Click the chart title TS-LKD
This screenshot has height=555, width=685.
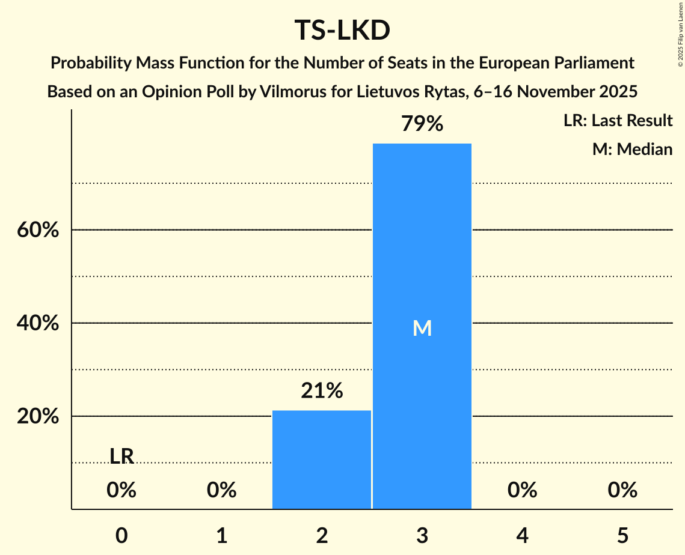pos(342,30)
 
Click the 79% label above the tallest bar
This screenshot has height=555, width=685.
pos(422,124)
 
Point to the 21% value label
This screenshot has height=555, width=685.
pos(322,391)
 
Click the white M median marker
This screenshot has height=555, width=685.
pos(422,328)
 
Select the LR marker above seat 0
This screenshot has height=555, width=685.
pos(121,456)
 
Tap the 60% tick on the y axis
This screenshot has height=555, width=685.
pos(38,230)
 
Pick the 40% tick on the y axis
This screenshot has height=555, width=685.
pos(38,323)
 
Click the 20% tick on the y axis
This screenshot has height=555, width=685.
pos(38,416)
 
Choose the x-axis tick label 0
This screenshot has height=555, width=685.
pos(121,535)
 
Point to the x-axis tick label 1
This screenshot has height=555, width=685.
pos(221,535)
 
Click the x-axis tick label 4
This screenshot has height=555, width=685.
pos(522,535)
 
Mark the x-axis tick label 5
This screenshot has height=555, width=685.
pos(622,535)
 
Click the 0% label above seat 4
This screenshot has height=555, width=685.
pos(522,491)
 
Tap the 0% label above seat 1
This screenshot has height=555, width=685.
pos(221,491)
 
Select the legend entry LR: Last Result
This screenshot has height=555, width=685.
pos(618,121)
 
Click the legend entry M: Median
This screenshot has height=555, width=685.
pos(632,149)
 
